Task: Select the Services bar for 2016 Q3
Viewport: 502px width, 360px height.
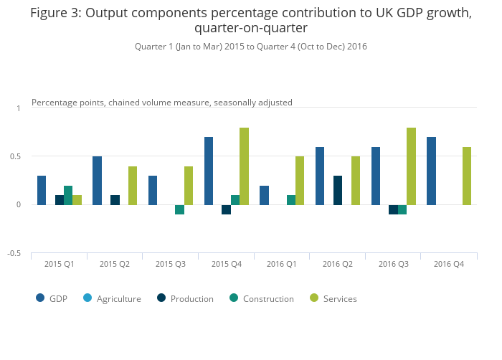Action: (x=411, y=166)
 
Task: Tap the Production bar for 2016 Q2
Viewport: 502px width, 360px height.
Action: (x=338, y=190)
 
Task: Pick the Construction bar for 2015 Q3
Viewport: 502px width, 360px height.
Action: (x=179, y=209)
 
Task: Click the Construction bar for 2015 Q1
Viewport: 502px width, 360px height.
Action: (x=68, y=195)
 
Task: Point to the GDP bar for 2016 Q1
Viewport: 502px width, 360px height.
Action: (x=264, y=195)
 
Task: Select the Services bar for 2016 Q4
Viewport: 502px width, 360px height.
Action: (x=467, y=176)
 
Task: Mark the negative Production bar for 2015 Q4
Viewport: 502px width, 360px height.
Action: (x=226, y=209)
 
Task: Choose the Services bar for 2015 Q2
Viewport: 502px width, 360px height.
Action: (x=133, y=186)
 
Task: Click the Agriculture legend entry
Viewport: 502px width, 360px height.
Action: (x=118, y=298)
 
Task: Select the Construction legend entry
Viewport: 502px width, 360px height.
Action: (x=268, y=298)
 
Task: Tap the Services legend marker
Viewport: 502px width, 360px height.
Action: (x=313, y=298)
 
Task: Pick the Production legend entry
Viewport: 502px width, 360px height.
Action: (x=191, y=298)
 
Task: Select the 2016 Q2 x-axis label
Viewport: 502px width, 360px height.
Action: (x=337, y=264)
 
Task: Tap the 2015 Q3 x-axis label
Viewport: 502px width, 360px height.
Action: (x=170, y=264)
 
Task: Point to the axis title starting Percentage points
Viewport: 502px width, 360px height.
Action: (x=162, y=103)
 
